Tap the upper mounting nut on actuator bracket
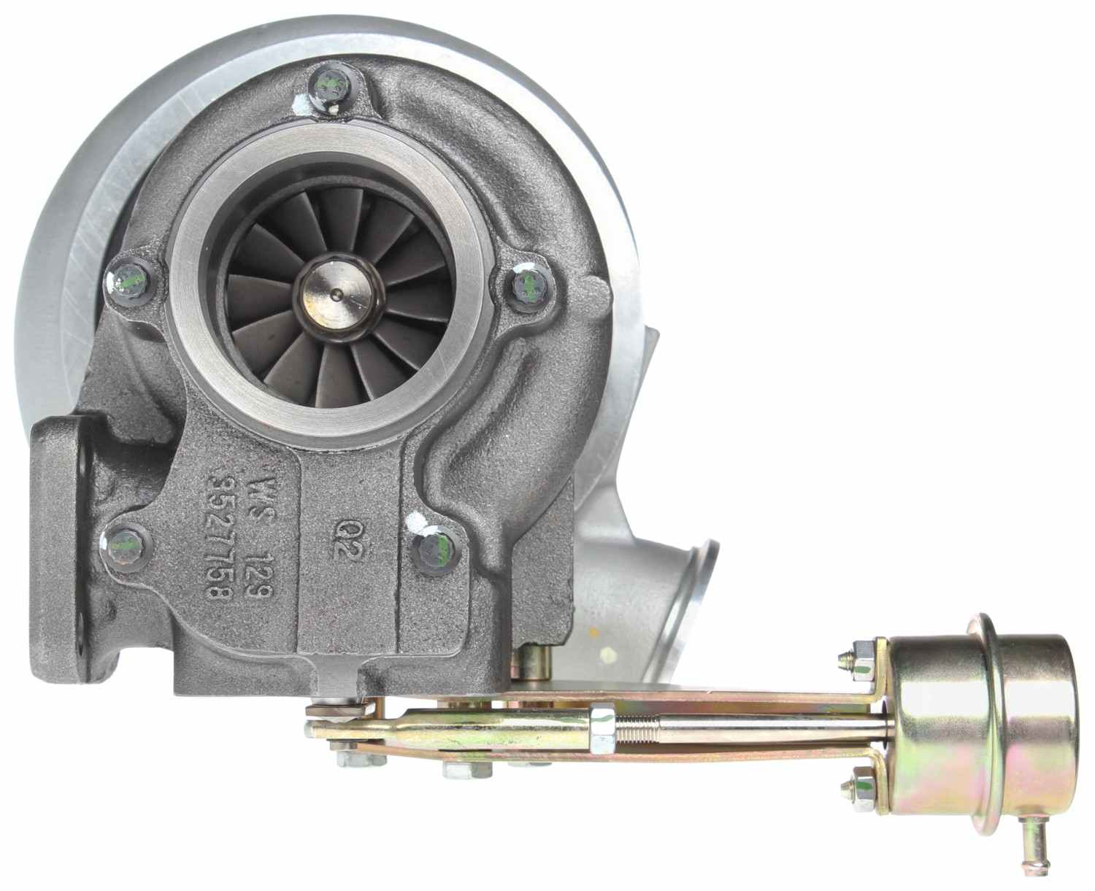tap(858, 655)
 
